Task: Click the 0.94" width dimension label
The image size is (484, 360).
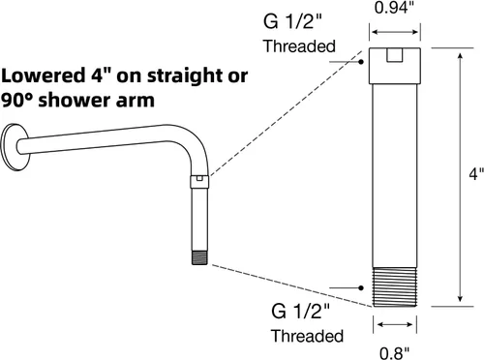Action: [394, 7]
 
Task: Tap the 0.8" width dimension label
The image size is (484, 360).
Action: [394, 353]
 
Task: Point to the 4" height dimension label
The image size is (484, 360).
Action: [476, 174]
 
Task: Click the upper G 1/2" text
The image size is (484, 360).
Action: [292, 21]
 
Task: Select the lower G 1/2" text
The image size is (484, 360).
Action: [301, 311]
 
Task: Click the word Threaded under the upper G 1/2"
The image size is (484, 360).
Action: [300, 46]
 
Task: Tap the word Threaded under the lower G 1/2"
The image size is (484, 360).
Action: [307, 336]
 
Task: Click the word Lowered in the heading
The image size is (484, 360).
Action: [43, 75]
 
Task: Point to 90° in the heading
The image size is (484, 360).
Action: [17, 100]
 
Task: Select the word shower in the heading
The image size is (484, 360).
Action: [76, 100]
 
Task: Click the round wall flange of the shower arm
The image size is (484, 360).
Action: [15, 147]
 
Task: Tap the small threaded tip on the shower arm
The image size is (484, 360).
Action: [199, 257]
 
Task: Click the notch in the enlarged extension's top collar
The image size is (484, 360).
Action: [395, 55]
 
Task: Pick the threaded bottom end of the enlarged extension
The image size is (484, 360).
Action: [395, 286]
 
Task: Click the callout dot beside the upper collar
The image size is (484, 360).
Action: [361, 61]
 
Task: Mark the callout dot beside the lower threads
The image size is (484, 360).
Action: [361, 287]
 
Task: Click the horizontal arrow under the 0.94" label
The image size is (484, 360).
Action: [395, 32]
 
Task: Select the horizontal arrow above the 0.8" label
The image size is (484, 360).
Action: [395, 324]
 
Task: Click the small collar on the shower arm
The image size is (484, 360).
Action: [199, 182]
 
